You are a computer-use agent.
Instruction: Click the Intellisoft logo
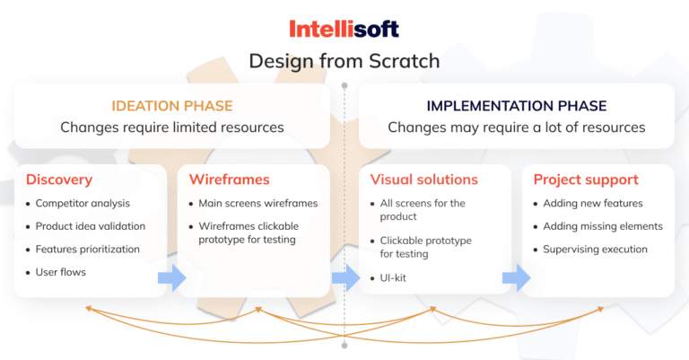[x=344, y=29]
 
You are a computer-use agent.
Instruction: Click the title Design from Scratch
[x=344, y=61]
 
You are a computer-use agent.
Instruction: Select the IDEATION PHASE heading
[x=172, y=106]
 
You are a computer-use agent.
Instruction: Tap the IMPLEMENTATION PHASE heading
[x=517, y=106]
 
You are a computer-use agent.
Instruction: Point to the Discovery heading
[x=59, y=180]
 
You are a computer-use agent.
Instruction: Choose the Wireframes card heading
[x=230, y=180]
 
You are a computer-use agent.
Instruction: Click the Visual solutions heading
[x=424, y=180]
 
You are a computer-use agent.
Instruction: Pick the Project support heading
[x=586, y=180]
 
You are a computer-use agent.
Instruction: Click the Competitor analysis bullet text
[x=83, y=204]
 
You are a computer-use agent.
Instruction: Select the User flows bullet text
[x=61, y=272]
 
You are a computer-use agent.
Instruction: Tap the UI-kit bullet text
[x=393, y=277]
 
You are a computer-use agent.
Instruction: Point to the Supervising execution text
[x=595, y=250]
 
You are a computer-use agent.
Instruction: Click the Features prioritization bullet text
[x=87, y=250]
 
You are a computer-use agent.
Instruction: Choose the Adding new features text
[x=593, y=204]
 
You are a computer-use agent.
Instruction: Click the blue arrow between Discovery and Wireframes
[x=172, y=277]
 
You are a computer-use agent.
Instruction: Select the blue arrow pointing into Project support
[x=517, y=277]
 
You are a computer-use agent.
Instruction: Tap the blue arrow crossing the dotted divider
[x=345, y=277]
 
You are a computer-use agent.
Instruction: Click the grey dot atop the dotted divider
[x=344, y=85]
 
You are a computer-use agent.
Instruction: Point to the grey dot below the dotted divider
[x=344, y=346]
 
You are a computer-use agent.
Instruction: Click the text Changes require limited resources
[x=172, y=127]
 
